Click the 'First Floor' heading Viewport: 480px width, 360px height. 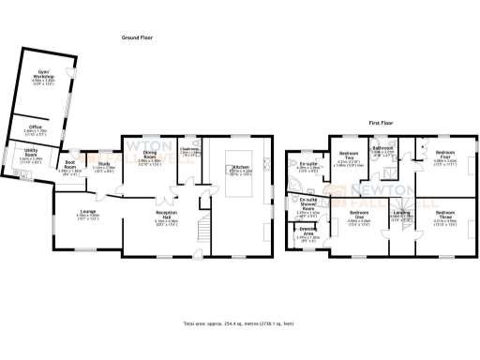click(x=379, y=123)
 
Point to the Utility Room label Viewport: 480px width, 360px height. click(x=30, y=152)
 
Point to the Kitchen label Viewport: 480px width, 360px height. click(x=240, y=169)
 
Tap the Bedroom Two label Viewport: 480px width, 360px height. click(x=349, y=155)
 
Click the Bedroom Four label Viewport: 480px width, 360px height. click(x=445, y=155)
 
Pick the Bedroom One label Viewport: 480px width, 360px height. click(x=358, y=215)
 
